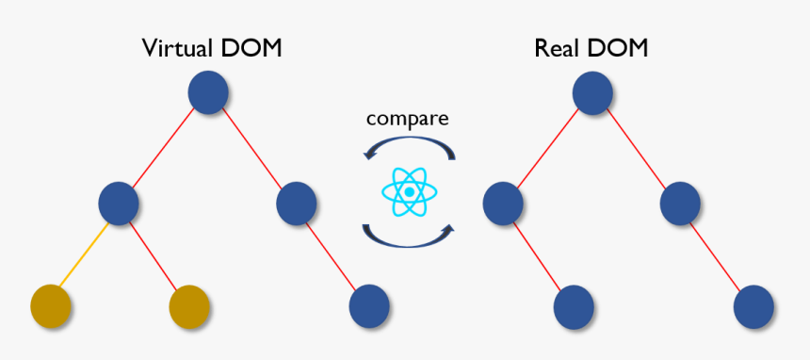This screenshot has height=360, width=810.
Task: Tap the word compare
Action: point(407,119)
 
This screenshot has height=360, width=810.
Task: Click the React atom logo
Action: point(409,191)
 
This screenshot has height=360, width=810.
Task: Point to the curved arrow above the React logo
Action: point(409,146)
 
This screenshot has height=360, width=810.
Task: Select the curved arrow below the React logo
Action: point(409,237)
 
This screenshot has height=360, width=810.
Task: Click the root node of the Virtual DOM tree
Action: point(209,92)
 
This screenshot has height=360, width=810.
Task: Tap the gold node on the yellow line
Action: point(51,304)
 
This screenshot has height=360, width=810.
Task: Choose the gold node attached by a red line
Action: point(189,304)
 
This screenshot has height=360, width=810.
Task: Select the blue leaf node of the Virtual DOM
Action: point(369,304)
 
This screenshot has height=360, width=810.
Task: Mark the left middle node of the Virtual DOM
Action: point(120,202)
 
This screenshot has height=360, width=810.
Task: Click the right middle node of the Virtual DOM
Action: point(296,202)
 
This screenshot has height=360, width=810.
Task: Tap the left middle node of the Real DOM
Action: point(503,202)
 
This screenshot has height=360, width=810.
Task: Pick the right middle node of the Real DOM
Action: point(680,202)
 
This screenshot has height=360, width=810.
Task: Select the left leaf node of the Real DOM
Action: point(573,304)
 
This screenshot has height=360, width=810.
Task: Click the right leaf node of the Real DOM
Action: point(753,304)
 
